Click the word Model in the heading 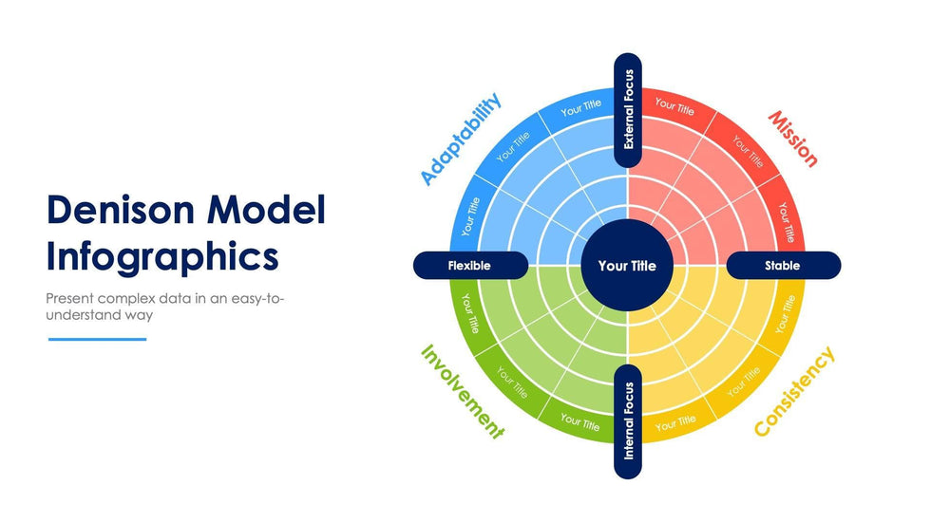268,211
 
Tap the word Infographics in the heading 162,256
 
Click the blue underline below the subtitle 97,339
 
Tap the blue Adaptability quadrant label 461,140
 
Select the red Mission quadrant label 792,139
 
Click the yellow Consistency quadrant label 794,392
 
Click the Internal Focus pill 628,420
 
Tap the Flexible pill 469,266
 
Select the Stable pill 783,266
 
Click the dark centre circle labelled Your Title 627,266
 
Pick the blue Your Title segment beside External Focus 580,109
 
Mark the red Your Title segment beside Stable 786,220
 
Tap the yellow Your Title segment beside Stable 786,312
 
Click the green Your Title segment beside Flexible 469,312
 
